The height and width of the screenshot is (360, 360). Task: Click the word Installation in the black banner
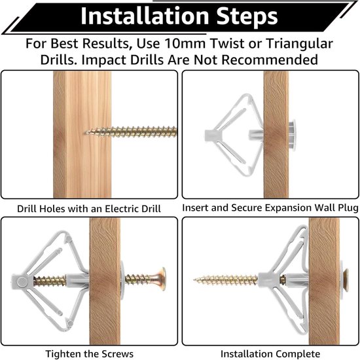coord(145,16)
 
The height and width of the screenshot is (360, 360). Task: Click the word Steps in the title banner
coord(247,16)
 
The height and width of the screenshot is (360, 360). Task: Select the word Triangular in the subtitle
coord(300,44)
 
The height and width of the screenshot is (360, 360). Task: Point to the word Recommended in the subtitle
coord(270,60)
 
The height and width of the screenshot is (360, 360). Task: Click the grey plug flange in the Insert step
coord(292,135)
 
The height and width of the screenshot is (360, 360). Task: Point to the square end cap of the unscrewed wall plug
coord(210,135)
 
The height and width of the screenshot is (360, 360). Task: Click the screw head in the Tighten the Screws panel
coord(162,279)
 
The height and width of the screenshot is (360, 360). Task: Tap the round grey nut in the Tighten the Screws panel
coord(22,282)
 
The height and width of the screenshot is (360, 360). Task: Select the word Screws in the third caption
coord(118,354)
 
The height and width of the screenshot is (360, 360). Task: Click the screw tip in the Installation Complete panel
coord(194,280)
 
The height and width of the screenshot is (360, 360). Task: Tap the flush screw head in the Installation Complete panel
coord(346,280)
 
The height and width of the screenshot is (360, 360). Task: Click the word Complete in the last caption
coord(298,354)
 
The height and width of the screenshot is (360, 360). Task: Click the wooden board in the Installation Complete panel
coord(324,281)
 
